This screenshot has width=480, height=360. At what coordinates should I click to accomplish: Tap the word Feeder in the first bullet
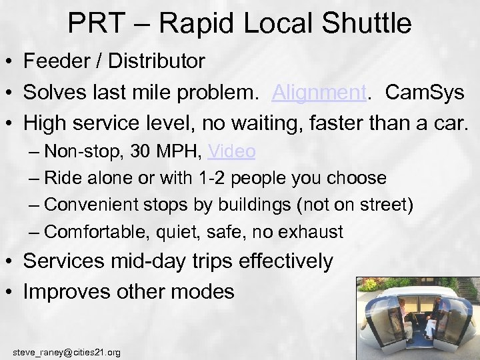[x=56, y=61]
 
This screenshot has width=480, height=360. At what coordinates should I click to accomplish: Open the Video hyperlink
[x=231, y=151]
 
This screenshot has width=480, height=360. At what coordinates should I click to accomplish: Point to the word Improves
[x=65, y=291]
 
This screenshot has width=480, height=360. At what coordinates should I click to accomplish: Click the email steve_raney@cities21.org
[x=67, y=351]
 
